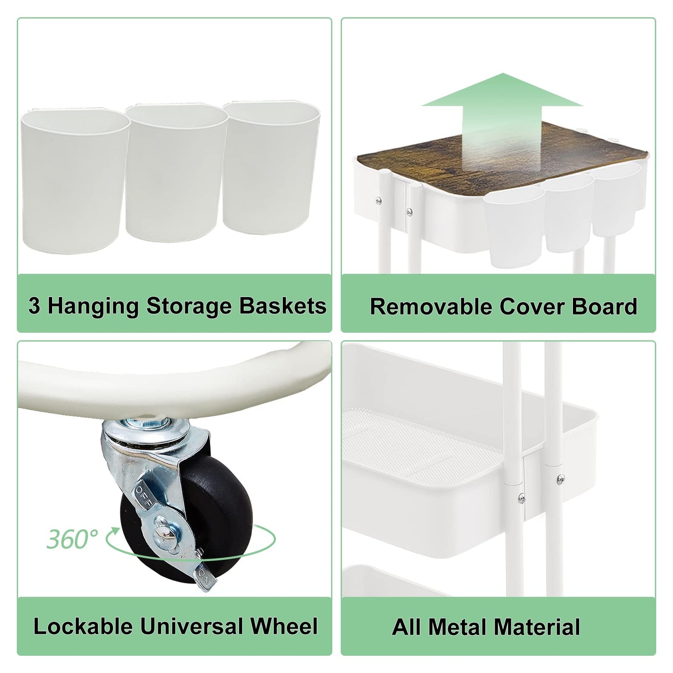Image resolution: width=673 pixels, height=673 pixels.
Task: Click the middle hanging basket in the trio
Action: pyautogui.click(x=177, y=173)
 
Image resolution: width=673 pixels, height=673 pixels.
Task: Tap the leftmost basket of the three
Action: pyautogui.click(x=74, y=180)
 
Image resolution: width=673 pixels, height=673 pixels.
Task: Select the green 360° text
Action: pyautogui.click(x=73, y=539)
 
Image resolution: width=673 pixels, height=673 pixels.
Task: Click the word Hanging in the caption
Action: pyautogui.click(x=93, y=306)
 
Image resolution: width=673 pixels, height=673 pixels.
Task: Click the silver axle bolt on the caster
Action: pyautogui.click(x=163, y=540)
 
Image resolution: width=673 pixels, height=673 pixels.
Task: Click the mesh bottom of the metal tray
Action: pyautogui.click(x=419, y=436)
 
